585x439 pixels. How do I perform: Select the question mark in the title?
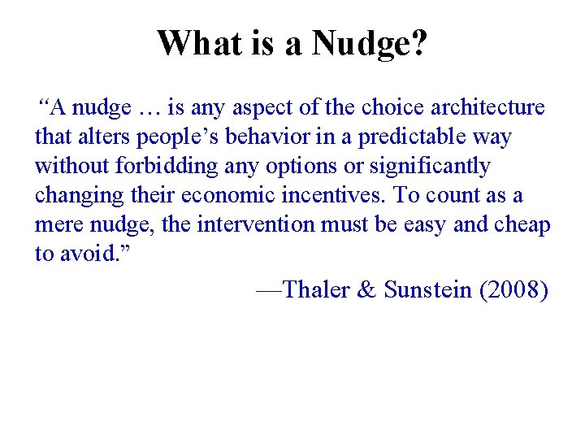[x=417, y=42]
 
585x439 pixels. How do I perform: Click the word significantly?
[x=430, y=167]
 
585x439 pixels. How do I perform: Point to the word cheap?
[x=520, y=226]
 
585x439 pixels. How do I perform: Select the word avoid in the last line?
[x=85, y=254]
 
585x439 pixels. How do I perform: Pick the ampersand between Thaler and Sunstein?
[x=366, y=290]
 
